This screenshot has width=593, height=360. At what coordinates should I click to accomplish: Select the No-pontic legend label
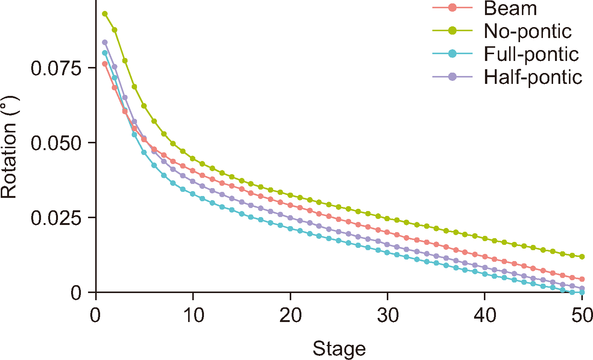click(x=528, y=31)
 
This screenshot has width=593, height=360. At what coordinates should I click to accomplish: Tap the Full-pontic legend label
click(x=531, y=54)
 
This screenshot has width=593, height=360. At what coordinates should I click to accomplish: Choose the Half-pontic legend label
click(x=533, y=77)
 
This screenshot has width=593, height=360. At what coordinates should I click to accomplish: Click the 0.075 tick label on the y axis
click(x=56, y=68)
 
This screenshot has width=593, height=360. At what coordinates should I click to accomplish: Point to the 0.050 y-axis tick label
click(x=56, y=143)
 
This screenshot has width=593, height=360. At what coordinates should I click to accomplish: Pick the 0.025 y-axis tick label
click(x=56, y=218)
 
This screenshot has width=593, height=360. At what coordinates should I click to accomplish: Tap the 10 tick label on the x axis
click(x=193, y=315)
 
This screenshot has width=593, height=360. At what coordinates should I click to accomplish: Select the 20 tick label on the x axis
click(x=290, y=315)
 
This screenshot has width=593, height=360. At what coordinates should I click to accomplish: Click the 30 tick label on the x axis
click(x=388, y=315)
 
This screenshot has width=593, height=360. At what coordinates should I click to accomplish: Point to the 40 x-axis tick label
click(x=485, y=315)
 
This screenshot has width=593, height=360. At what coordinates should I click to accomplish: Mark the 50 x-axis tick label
click(x=582, y=315)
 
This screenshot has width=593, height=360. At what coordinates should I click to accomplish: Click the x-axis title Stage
click(x=339, y=349)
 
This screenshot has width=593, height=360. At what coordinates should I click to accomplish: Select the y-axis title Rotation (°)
click(x=9, y=147)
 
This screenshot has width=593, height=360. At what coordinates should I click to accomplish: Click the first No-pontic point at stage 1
click(x=105, y=14)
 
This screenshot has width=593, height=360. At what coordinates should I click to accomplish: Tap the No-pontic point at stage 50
click(x=582, y=257)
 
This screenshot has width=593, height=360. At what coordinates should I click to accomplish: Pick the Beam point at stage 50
click(x=582, y=279)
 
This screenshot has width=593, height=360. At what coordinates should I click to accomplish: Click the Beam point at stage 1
click(x=105, y=64)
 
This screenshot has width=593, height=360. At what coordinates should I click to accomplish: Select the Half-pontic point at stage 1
click(x=105, y=42)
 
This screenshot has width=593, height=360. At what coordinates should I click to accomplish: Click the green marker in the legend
click(x=452, y=31)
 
